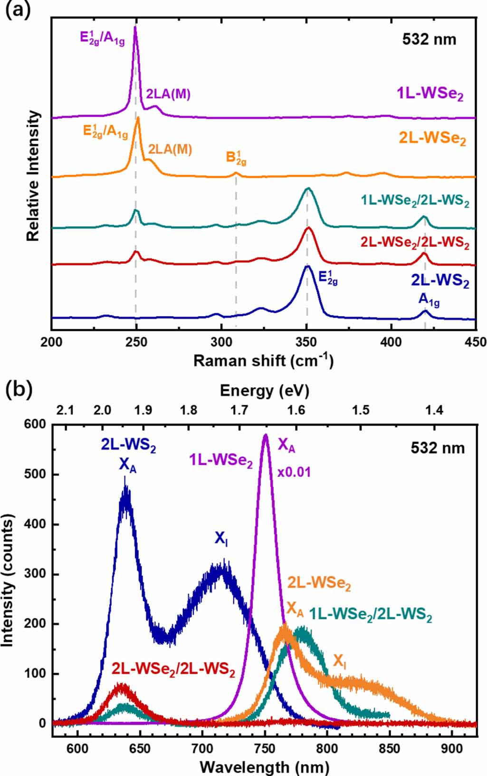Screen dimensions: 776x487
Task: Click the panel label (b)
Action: pyautogui.click(x=18, y=389)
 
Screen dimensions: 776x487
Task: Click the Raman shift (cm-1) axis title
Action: pyautogui.click(x=263, y=360)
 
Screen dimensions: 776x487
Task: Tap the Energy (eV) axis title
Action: pyautogui.click(x=264, y=391)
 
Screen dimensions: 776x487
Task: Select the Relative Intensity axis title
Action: pyautogui.click(x=33, y=176)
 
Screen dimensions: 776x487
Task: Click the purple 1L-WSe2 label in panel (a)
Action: pyautogui.click(x=430, y=94)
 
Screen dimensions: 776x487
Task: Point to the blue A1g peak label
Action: pyautogui.click(x=429, y=300)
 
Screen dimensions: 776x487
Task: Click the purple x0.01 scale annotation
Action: pyautogui.click(x=294, y=473)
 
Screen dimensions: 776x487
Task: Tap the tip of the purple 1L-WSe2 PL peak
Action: pyautogui.click(x=266, y=435)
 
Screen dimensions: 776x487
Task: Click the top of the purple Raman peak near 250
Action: pyautogui.click(x=135, y=27)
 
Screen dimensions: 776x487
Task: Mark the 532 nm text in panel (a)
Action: pyautogui.click(x=429, y=39)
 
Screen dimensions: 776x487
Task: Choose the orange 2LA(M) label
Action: pyautogui.click(x=170, y=149)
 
